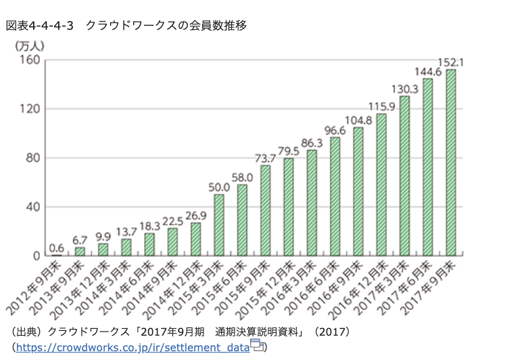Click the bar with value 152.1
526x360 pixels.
click(x=451, y=162)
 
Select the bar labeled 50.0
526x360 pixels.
click(x=219, y=225)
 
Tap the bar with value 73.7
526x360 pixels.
click(x=266, y=210)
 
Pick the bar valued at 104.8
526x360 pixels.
click(x=358, y=191)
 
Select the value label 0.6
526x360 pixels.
click(x=57, y=247)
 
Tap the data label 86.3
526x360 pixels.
click(x=312, y=143)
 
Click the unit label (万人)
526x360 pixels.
click(x=29, y=46)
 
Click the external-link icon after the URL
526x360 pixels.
click(x=257, y=346)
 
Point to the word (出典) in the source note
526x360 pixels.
click(x=24, y=333)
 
